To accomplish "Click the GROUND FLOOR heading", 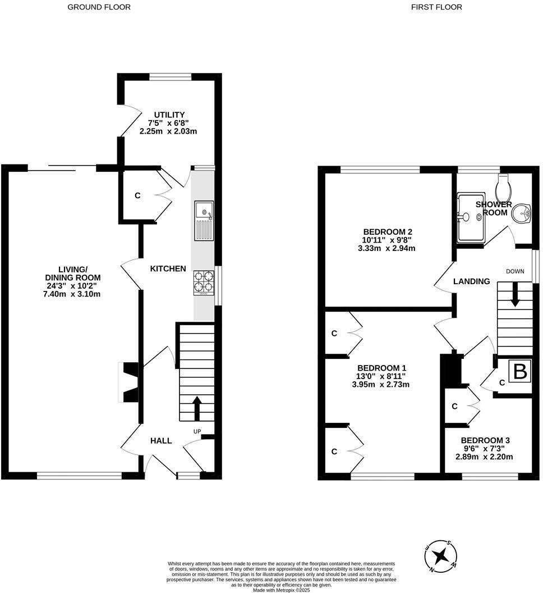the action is tap(99, 7).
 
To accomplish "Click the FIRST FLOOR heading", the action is tap(436, 7).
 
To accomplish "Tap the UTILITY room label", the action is tap(169, 115).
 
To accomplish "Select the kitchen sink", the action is tap(204, 221).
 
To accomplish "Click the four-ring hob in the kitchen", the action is tap(204, 283).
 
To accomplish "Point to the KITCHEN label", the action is tap(168, 268).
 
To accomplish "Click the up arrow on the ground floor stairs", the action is tap(197, 408).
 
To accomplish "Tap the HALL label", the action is tap(161, 441).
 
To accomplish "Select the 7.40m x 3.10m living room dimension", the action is tap(72, 294).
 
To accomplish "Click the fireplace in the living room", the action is tap(128, 382).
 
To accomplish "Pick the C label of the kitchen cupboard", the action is tap(137, 195).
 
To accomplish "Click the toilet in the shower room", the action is tap(504, 188).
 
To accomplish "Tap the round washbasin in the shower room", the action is tap(522, 214).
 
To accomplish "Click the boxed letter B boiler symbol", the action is tap(520, 371).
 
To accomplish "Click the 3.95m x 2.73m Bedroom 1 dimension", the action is tap(381, 385).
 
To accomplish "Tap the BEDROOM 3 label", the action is tap(485, 440).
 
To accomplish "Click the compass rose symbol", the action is tap(441, 556).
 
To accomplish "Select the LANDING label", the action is tap(472, 281).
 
